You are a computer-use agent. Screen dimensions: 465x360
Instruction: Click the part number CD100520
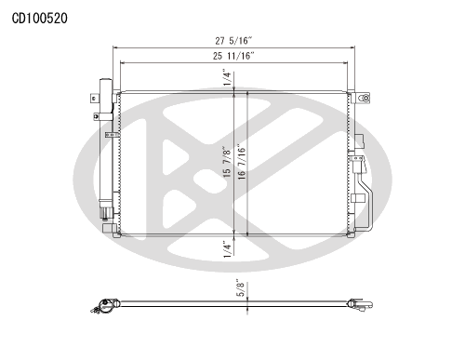point(39,19)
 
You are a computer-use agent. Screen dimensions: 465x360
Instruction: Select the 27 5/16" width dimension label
point(233,41)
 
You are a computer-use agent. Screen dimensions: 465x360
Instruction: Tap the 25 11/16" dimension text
point(233,56)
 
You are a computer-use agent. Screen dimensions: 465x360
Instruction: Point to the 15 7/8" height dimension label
point(228,162)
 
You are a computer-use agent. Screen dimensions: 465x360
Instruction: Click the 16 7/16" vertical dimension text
point(242,162)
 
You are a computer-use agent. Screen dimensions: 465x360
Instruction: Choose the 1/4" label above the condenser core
point(228,78)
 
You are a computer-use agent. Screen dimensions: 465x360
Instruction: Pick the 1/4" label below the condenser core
point(228,249)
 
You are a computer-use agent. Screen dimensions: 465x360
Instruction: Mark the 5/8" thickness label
point(241,288)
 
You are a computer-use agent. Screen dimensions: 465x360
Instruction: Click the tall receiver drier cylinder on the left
point(106,142)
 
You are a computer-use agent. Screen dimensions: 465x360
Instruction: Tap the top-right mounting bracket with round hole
point(363,98)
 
